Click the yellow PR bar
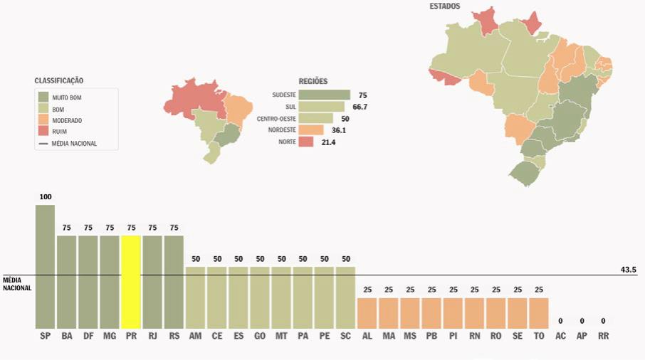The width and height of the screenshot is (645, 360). (x=131, y=281)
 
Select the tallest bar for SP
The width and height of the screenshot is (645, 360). (x=45, y=266)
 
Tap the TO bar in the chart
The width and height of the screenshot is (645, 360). (x=539, y=312)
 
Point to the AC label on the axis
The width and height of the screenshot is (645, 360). (x=560, y=335)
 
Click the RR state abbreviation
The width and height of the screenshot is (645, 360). (x=603, y=335)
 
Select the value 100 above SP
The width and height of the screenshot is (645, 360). (x=46, y=196)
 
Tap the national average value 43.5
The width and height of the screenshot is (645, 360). (x=629, y=270)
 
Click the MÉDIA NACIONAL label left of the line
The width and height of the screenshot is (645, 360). (x=17, y=284)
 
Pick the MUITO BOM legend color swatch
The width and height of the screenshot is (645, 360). (x=43, y=96)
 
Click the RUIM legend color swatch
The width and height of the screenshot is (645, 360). (x=43, y=132)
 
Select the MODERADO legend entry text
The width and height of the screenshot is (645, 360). (x=67, y=120)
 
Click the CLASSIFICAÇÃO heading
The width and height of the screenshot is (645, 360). (x=63, y=81)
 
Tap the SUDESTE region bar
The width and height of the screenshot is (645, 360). (x=324, y=95)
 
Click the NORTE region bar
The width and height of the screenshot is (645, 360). (x=306, y=142)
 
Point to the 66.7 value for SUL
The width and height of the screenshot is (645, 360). (x=360, y=107)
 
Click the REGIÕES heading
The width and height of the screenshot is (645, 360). (x=313, y=81)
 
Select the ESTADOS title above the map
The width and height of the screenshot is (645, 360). (x=444, y=6)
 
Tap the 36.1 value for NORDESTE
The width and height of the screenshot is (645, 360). (x=339, y=130)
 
